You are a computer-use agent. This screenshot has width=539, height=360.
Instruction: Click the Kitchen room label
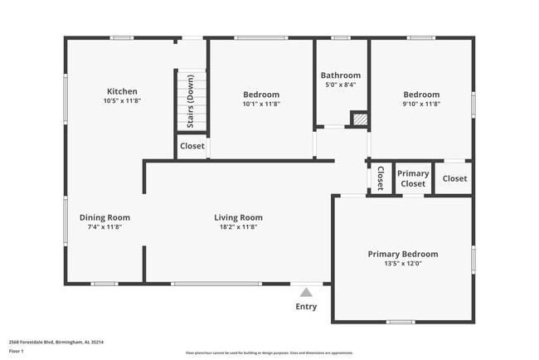[x=122, y=91]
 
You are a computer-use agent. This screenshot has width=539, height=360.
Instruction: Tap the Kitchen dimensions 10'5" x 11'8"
[x=122, y=102]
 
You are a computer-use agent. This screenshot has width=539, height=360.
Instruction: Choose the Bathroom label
[x=341, y=75]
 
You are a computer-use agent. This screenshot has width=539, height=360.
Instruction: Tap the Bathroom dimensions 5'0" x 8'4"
[x=341, y=85]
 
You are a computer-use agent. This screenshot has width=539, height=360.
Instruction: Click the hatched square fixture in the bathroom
[x=359, y=119]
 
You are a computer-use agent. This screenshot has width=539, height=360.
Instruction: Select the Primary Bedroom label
[x=403, y=254]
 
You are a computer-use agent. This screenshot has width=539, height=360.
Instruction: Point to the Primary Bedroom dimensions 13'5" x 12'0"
[x=403, y=264]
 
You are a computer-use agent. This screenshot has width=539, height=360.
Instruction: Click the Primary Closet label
[x=414, y=178]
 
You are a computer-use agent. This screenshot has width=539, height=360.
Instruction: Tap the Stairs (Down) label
[x=190, y=100]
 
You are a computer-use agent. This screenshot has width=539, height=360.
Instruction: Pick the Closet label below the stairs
[x=192, y=146]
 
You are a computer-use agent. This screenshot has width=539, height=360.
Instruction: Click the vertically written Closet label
[x=380, y=178]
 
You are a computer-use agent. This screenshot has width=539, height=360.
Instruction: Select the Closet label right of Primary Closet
[x=454, y=178]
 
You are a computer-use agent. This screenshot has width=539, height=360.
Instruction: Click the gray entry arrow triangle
[x=306, y=292]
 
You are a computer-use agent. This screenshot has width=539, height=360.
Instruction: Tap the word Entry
[x=306, y=307]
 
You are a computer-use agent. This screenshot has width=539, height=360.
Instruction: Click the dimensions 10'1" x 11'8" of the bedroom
[x=261, y=104]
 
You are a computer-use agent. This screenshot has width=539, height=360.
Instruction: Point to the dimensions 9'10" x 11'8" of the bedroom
[x=421, y=104]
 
